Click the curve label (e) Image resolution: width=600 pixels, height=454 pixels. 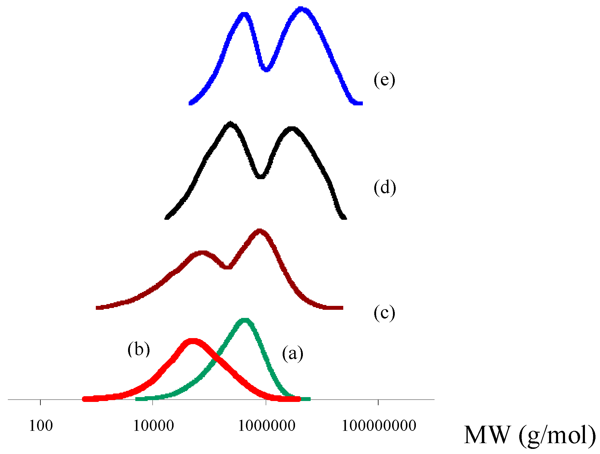click(x=384, y=80)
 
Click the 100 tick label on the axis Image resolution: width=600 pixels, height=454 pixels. click(x=41, y=426)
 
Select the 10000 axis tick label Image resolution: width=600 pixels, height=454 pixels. click(x=153, y=426)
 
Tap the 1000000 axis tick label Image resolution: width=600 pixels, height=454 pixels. click(x=267, y=426)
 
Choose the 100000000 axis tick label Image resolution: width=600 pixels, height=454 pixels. click(x=379, y=426)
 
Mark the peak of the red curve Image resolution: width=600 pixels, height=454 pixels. click(x=192, y=341)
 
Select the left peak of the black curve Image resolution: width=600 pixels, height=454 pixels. click(x=231, y=124)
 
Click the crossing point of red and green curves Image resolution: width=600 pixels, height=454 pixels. click(x=216, y=360)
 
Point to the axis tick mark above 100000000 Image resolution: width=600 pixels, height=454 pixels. click(x=378, y=402)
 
